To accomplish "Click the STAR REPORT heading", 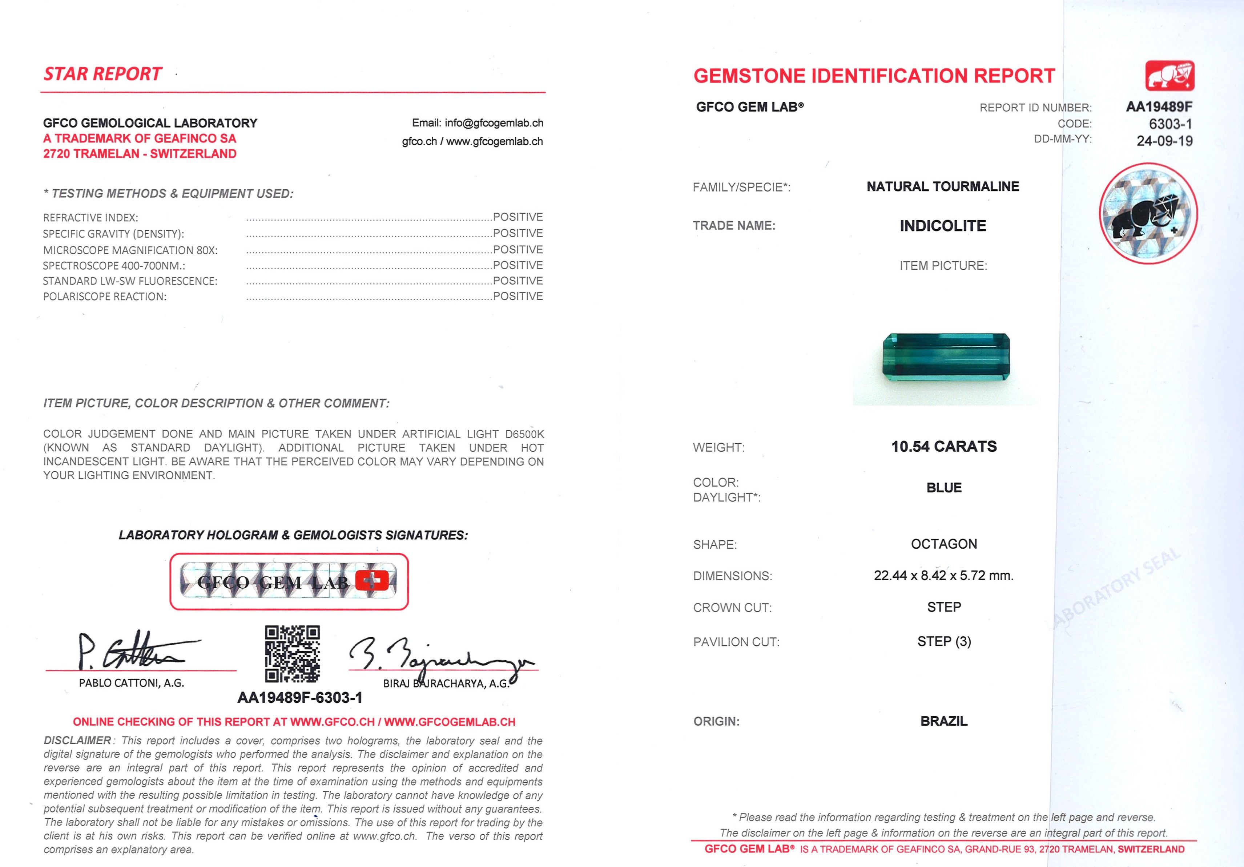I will click(x=103, y=74).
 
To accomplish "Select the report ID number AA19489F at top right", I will click(x=1159, y=107).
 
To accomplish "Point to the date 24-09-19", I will click(x=1164, y=141).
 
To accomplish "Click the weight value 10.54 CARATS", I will click(x=944, y=447).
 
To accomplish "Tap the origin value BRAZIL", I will click(x=944, y=721).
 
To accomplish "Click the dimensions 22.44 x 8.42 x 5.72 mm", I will click(x=943, y=576).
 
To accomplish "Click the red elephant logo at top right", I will click(x=1170, y=76).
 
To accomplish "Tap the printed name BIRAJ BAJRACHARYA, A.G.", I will click(x=446, y=684).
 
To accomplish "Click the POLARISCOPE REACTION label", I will click(x=105, y=297).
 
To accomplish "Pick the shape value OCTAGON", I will click(x=944, y=544).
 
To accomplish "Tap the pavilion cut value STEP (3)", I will click(x=944, y=642).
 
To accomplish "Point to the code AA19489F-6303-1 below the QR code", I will click(x=299, y=698).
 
